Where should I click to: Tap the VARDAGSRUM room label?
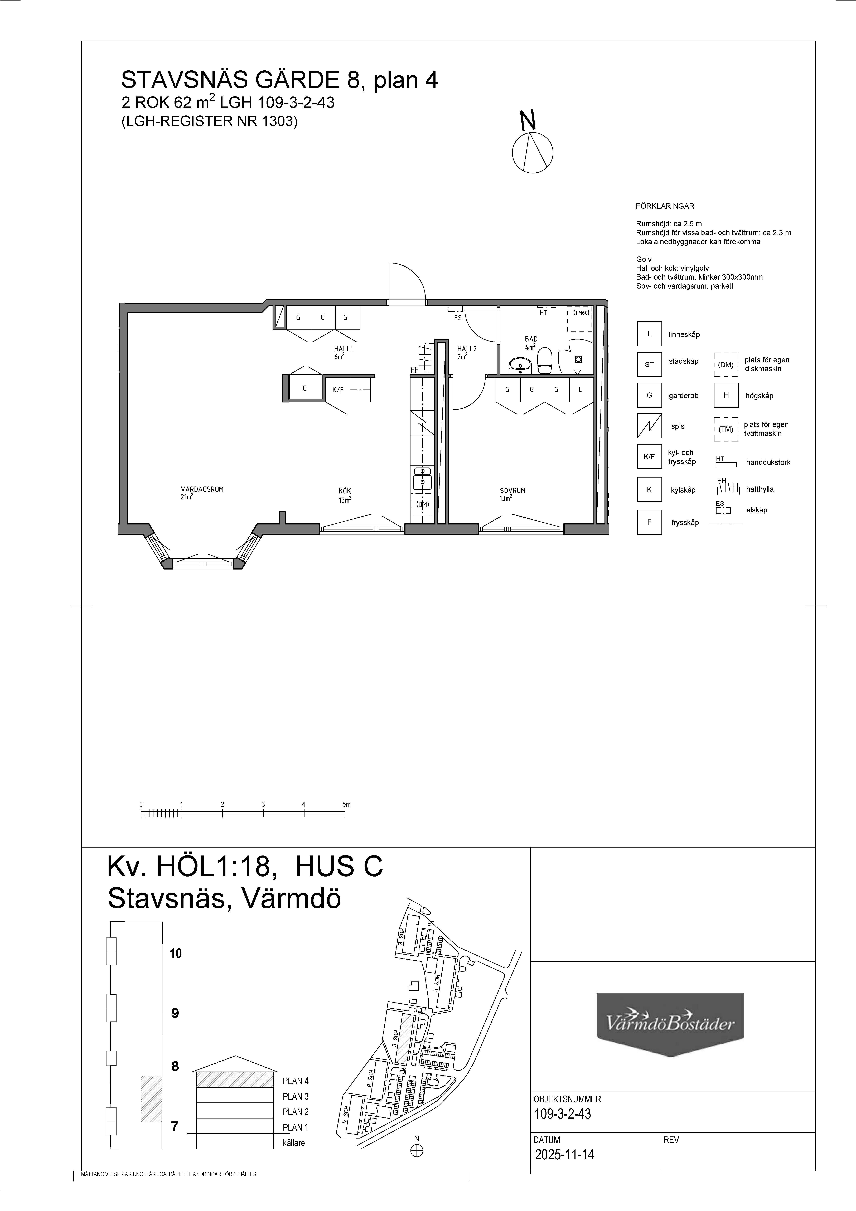coord(202,489)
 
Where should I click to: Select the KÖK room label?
coord(345,491)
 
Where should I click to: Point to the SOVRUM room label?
coord(513,490)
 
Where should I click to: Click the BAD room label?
coord(531,339)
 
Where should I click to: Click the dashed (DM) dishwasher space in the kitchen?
coord(422,505)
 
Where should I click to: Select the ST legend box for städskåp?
coord(649,364)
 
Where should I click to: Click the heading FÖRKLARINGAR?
coord(665,206)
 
